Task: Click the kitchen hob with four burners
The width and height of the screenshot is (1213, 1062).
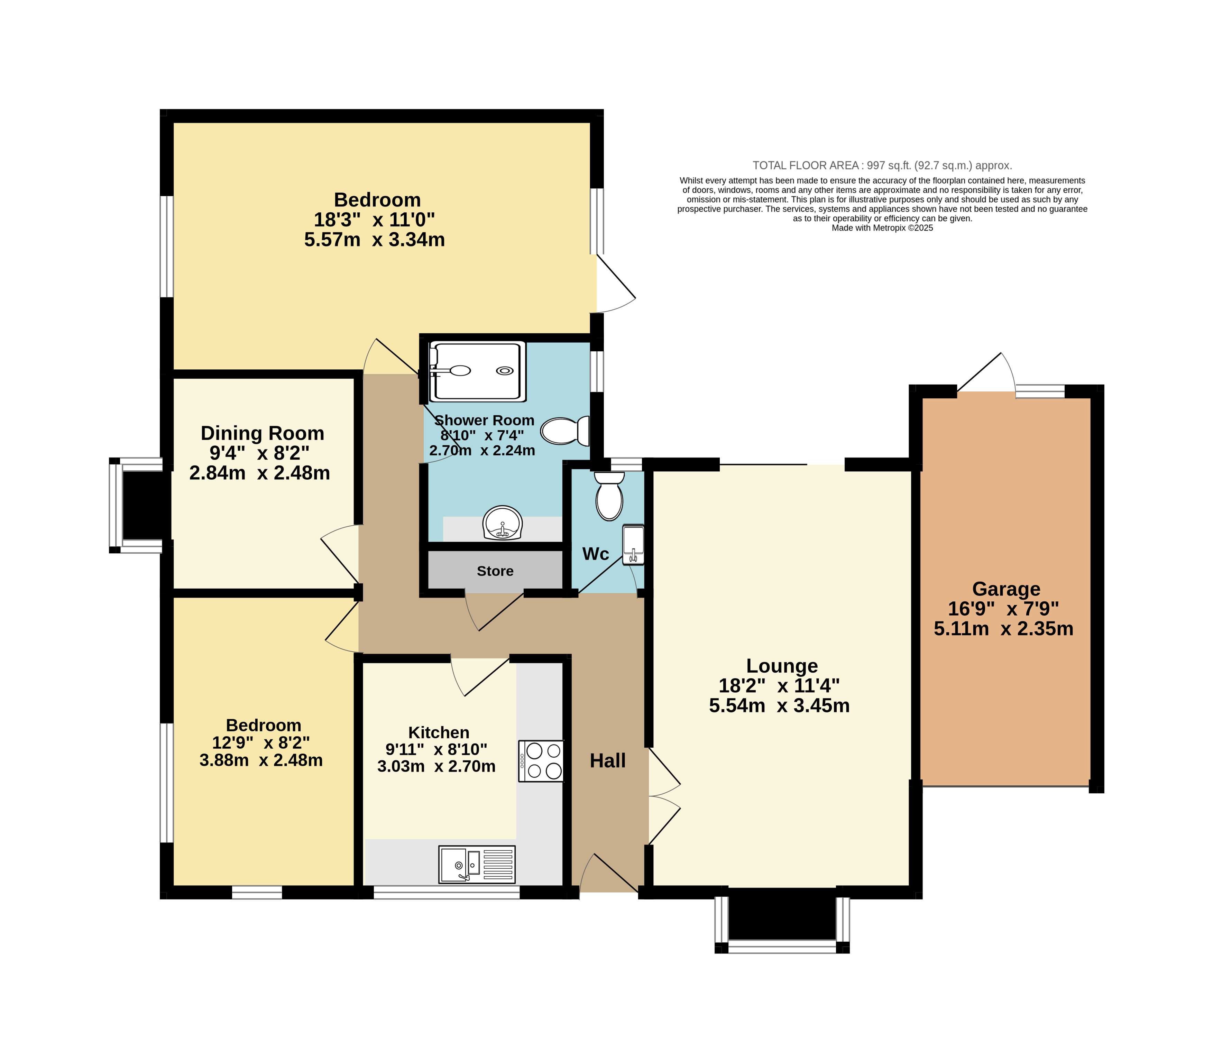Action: [540, 761]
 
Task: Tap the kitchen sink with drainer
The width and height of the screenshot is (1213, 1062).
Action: [477, 864]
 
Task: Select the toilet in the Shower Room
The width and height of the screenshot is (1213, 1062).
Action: [565, 431]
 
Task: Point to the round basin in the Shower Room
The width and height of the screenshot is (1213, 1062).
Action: [503, 523]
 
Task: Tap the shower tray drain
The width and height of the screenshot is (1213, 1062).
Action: [505, 371]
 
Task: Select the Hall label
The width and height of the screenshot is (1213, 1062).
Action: [608, 761]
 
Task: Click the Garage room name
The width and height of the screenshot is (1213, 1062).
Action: [1006, 589]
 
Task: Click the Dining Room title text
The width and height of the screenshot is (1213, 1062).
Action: [263, 433]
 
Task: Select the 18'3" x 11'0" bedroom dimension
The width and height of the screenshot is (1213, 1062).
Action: [374, 220]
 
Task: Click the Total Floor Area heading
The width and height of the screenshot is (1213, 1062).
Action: [882, 165]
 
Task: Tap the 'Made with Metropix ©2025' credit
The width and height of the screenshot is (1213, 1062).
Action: [882, 228]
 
